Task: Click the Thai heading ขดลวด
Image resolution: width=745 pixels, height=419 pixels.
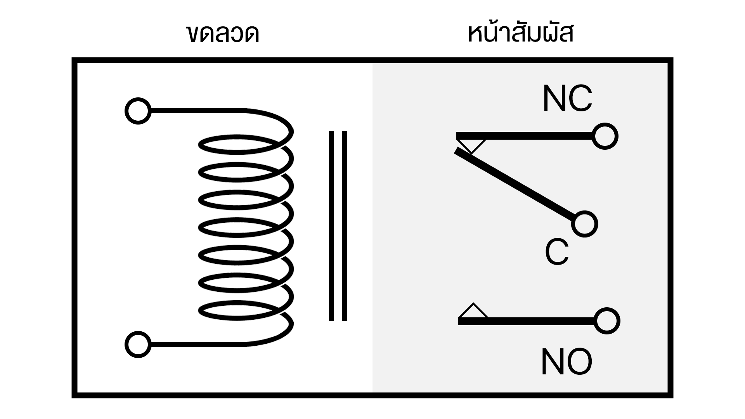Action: tap(223, 34)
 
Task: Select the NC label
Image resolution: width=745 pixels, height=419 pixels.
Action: tap(567, 99)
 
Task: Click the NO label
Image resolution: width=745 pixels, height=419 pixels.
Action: tap(566, 362)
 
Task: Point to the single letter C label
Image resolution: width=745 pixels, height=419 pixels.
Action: tap(557, 252)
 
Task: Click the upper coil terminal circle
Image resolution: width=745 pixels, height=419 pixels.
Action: tap(138, 111)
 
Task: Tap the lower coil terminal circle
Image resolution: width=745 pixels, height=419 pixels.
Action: tap(138, 345)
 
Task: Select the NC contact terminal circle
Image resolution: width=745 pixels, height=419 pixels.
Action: tap(605, 136)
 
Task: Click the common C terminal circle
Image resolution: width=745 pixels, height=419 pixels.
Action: tap(585, 224)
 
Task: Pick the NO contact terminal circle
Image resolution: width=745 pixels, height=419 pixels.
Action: tap(606, 321)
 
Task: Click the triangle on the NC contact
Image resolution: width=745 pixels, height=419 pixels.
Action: tap(471, 144)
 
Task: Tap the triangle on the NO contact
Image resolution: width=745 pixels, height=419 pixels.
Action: tap(473, 312)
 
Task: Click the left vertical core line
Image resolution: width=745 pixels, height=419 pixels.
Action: tap(332, 226)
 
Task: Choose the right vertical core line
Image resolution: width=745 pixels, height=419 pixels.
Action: tap(344, 226)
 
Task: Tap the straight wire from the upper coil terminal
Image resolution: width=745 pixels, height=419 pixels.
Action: tap(198, 111)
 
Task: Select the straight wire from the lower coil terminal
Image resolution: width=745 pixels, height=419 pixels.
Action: tap(198, 344)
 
